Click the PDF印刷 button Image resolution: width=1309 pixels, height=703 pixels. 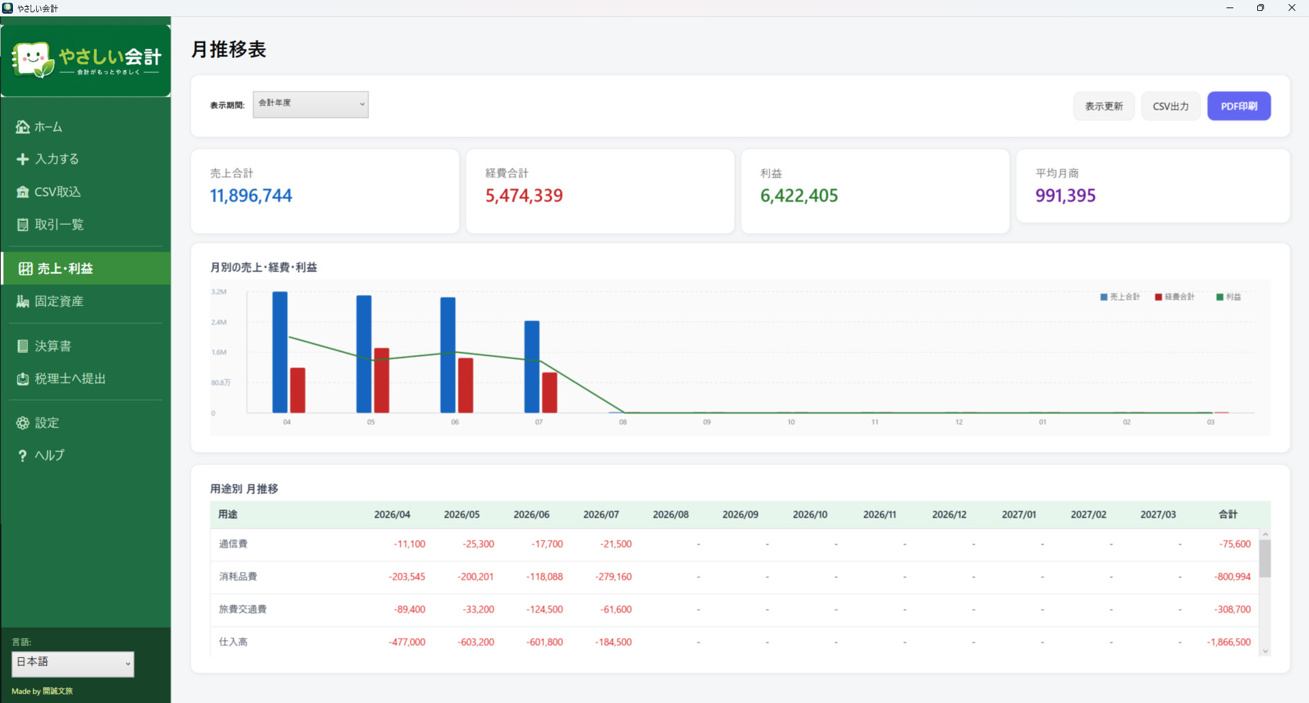[x=1239, y=106]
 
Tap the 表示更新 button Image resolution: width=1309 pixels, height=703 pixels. [x=1104, y=106]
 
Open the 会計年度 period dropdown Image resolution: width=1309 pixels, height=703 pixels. [x=310, y=104]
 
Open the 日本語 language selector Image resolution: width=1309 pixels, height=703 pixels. [x=73, y=663]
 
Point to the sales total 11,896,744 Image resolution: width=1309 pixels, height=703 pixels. [x=251, y=196]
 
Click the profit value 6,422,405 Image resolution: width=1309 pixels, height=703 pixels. [x=799, y=196]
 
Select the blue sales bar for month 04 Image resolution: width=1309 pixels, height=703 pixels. [x=280, y=352]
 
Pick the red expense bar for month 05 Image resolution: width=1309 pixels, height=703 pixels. [x=382, y=380]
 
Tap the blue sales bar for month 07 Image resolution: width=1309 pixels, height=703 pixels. [x=532, y=366]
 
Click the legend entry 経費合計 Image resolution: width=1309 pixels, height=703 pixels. [x=1175, y=297]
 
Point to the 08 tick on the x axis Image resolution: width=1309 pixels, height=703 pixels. [x=623, y=422]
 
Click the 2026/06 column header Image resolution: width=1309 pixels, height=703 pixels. [x=531, y=515]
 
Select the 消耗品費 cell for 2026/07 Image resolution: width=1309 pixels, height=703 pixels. [x=614, y=577]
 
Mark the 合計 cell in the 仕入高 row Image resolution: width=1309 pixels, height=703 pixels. [x=1229, y=642]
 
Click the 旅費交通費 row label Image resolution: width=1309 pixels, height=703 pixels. [x=243, y=610]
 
